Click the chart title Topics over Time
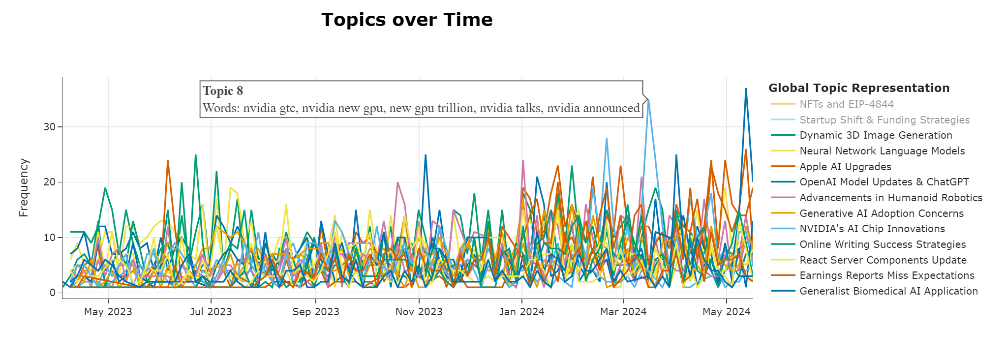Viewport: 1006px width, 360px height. pos(407,20)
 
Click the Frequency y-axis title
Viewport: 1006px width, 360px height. pos(24,188)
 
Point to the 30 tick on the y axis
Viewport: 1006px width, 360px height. pos(50,127)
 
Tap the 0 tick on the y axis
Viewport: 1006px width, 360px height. pos(53,293)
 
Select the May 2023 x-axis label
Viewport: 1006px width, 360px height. pos(108,312)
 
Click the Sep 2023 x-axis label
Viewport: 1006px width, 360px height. pos(315,312)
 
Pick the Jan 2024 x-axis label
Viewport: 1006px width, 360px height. pos(521,312)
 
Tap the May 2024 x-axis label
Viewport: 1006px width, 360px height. pos(726,312)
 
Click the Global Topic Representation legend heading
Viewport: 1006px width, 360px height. pos(859,88)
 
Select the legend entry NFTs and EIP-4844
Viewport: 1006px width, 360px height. pos(846,104)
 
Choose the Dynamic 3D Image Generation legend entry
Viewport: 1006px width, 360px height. pos(876,135)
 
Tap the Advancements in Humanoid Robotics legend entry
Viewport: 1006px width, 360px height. pos(891,198)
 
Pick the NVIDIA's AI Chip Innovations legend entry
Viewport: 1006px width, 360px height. pos(872,229)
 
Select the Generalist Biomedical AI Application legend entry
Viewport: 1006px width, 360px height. pos(888,291)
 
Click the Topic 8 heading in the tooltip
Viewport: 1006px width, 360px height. pos(223,91)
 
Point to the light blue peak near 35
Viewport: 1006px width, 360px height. pos(648,100)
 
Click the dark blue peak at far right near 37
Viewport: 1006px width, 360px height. pos(746,89)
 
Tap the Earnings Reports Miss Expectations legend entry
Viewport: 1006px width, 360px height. pos(887,275)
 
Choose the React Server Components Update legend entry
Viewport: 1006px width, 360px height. pos(883,260)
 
